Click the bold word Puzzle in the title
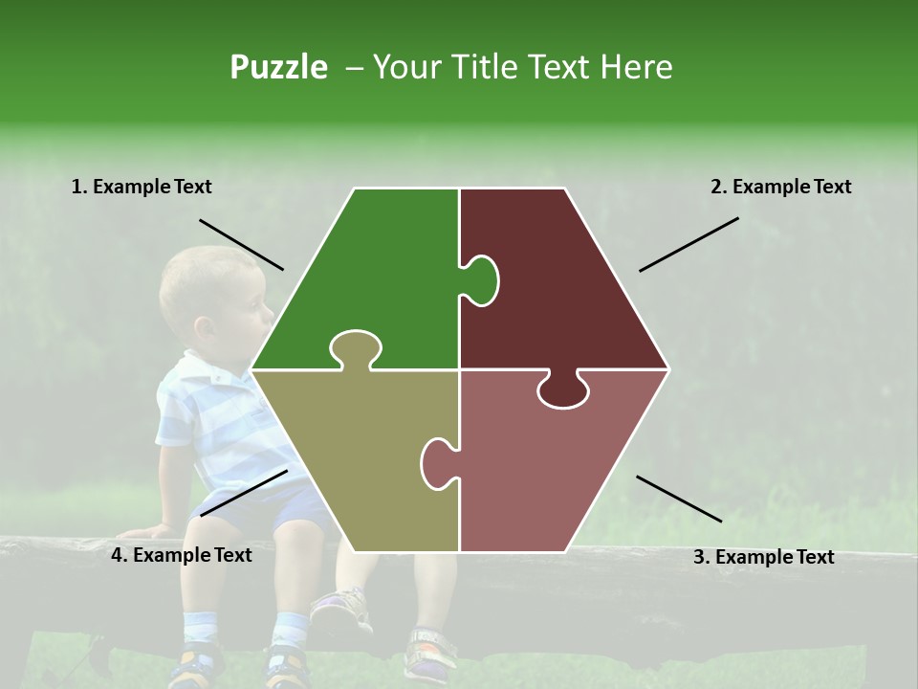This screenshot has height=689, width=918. point(278,67)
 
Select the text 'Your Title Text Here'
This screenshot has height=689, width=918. point(522,67)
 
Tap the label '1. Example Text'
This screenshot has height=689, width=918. point(142,187)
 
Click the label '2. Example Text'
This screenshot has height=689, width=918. point(780,187)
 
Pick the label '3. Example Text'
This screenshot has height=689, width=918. point(763,557)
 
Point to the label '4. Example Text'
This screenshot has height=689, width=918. point(181,555)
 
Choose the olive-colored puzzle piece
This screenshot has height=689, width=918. point(354,459)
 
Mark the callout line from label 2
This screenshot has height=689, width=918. point(688,244)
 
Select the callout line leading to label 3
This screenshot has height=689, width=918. point(679,499)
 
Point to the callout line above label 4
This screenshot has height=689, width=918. point(244,493)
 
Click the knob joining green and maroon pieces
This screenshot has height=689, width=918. point(481,280)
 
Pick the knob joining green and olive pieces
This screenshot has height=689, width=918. point(355,348)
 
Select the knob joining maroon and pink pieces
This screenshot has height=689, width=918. point(562,390)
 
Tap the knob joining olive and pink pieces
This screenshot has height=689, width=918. point(437,462)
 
